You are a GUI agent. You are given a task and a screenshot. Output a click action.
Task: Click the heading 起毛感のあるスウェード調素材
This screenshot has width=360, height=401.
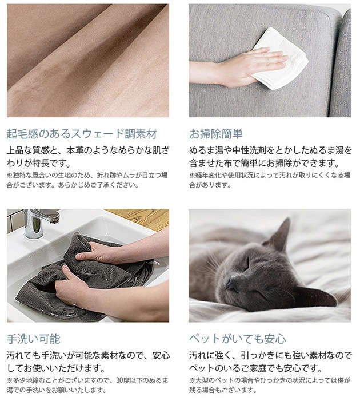(x=82, y=134)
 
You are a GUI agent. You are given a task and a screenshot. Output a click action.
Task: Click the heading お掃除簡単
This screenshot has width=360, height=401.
(x=216, y=134)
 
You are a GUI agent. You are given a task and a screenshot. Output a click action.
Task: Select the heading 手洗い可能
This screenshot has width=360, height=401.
(x=34, y=339)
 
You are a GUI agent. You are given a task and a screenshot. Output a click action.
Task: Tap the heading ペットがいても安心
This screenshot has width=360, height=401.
(x=237, y=339)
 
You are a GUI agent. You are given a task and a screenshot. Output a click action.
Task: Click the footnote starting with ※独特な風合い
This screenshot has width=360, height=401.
(x=87, y=180)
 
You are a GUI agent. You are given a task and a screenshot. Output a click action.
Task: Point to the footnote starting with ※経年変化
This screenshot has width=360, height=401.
(x=270, y=180)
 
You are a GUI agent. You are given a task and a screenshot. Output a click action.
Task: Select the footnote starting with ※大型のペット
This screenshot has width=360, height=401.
(x=270, y=385)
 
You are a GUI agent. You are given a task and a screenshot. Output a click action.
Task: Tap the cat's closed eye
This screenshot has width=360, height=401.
(x=246, y=264)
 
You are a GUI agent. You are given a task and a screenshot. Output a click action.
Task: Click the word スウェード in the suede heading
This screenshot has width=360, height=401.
(x=98, y=134)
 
